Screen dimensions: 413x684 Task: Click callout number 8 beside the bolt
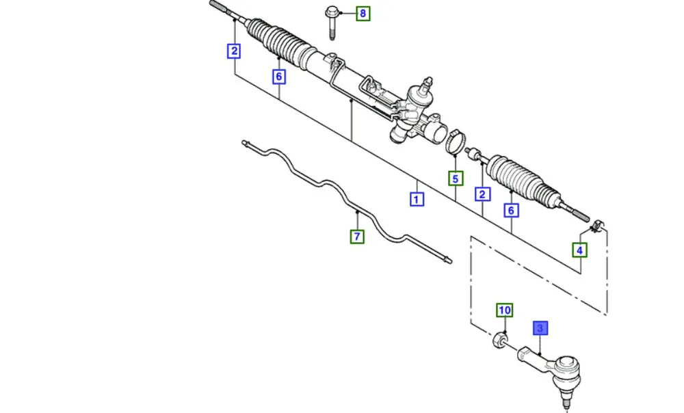pos(363,13)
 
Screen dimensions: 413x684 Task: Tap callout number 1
pos(417,200)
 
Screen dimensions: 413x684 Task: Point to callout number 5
pos(456,178)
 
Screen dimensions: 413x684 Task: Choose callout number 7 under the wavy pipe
pos(357,237)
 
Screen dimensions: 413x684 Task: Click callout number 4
pos(579,250)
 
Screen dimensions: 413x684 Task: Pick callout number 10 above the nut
pos(504,311)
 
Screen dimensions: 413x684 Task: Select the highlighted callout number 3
pos(540,330)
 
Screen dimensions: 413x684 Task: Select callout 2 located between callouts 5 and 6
pos(483,195)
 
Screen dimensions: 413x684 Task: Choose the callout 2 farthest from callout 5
pos(234,50)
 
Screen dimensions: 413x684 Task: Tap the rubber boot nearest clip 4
pos(524,179)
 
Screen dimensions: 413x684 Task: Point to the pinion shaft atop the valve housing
pos(425,84)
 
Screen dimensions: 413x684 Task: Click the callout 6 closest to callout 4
pos(510,210)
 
